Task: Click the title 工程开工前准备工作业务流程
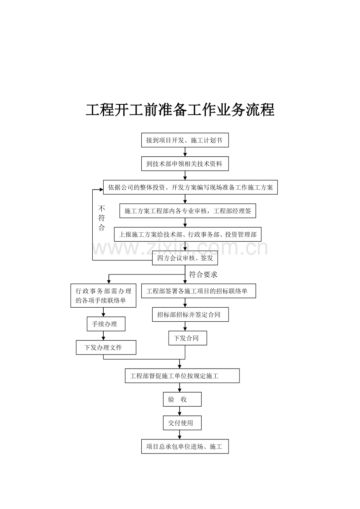(x=180, y=110)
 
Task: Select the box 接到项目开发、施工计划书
(x=185, y=140)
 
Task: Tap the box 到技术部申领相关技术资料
(x=185, y=164)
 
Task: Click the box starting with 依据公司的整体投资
(x=190, y=187)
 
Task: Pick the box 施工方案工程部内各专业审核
(x=188, y=211)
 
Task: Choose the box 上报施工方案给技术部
(x=188, y=234)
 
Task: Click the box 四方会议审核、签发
(x=185, y=258)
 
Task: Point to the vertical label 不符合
(x=102, y=218)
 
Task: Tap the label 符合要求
(x=203, y=275)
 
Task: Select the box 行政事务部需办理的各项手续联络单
(x=103, y=296)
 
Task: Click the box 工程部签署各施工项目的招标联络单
(x=198, y=291)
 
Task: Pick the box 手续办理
(x=106, y=324)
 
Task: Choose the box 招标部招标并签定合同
(x=190, y=314)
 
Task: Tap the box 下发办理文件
(x=106, y=347)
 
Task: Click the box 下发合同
(x=187, y=338)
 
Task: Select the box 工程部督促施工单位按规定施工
(x=182, y=376)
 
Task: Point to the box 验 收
(x=182, y=399)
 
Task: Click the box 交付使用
(x=182, y=423)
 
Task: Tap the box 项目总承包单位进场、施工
(x=185, y=446)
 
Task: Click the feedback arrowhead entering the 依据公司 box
(x=101, y=190)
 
